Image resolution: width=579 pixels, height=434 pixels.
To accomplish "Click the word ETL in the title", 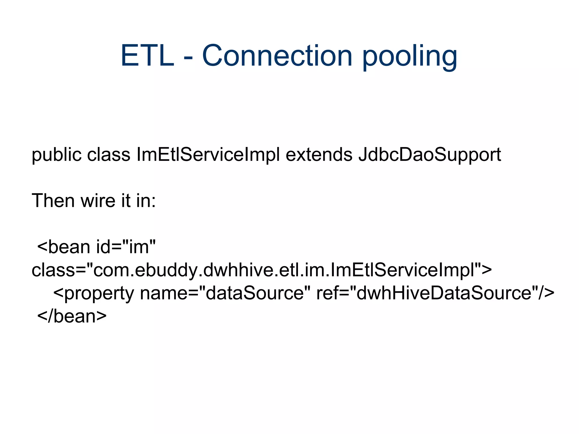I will tap(147, 56).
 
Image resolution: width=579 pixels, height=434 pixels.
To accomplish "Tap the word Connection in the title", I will tap(277, 56).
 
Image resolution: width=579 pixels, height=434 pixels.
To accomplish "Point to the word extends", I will tap(319, 155).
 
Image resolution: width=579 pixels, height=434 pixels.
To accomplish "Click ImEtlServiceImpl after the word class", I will tap(208, 155).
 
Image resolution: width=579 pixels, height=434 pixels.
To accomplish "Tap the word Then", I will tap(53, 201).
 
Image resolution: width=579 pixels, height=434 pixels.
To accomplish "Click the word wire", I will tap(98, 201).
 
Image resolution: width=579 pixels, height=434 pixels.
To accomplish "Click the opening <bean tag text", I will tap(63, 247).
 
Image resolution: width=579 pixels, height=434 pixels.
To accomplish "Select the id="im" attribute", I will tap(126, 247).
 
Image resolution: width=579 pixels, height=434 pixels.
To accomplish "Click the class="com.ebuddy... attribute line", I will tap(262, 270).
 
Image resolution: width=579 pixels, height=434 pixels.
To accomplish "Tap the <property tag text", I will tap(93, 293).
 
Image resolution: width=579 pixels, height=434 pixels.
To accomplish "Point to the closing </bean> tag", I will tap(72, 316).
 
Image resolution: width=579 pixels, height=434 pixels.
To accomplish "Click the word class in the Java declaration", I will tap(109, 155).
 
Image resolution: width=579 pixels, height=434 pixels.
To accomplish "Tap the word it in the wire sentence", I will tap(126, 201).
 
